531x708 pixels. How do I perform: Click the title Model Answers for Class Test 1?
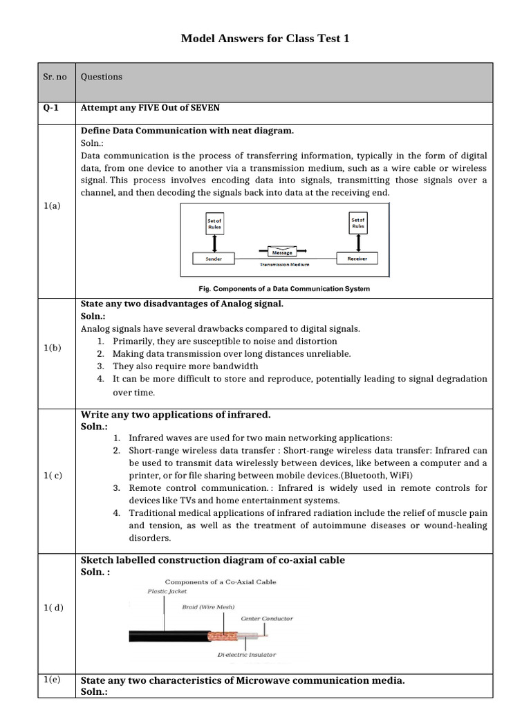point(265,39)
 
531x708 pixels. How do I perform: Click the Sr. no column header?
point(55,77)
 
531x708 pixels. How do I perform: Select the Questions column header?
point(102,77)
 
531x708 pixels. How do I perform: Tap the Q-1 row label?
point(51,108)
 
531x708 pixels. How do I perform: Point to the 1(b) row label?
point(53,348)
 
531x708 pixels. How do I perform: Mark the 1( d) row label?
point(53,607)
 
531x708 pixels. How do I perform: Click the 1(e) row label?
point(52,680)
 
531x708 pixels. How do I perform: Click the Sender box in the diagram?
point(214,259)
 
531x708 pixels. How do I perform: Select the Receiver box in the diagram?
point(357,259)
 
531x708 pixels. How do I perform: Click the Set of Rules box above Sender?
point(214,224)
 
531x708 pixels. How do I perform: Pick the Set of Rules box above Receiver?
point(357,222)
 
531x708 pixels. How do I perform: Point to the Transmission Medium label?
point(285,265)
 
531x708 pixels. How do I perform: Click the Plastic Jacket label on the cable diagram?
point(167,591)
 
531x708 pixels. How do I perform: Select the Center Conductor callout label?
point(267,618)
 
